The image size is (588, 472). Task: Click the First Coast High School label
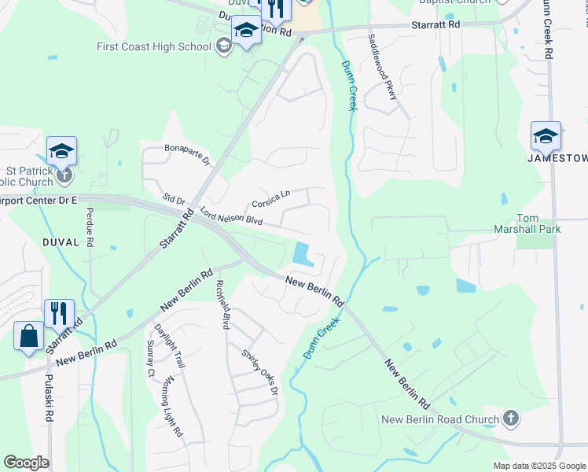(x=154, y=46)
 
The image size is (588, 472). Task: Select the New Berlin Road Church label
(x=440, y=419)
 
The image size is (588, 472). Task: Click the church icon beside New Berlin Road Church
(x=510, y=418)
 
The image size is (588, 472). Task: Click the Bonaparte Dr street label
(x=187, y=153)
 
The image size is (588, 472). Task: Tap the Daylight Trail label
(x=169, y=346)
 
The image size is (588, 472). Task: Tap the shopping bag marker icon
(x=29, y=336)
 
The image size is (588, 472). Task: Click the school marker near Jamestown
(x=546, y=137)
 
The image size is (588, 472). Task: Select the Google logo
(x=27, y=463)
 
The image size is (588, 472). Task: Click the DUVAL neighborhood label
(x=61, y=242)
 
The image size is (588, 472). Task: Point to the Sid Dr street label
(x=171, y=198)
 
